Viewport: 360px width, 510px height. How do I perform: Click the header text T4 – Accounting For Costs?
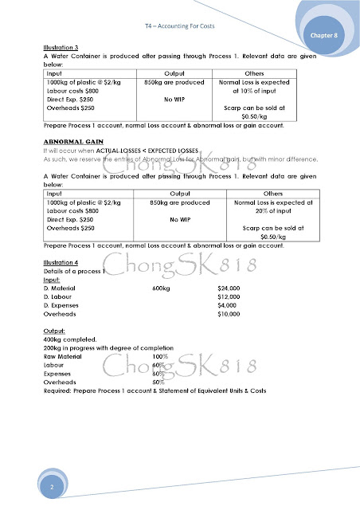(x=178, y=25)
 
